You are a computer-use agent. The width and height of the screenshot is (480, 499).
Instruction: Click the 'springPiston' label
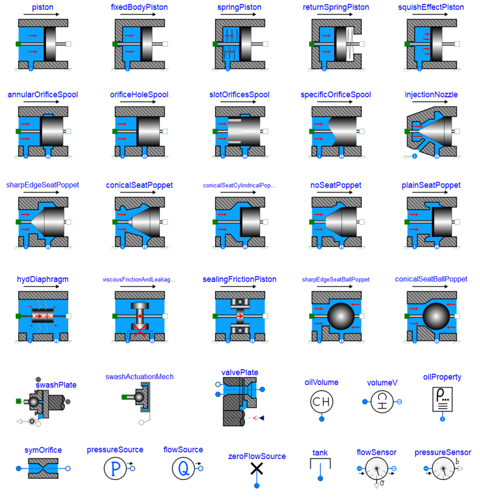[239, 7]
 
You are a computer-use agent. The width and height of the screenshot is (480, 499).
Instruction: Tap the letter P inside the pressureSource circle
[115, 469]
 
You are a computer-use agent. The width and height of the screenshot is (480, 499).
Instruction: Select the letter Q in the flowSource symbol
[184, 469]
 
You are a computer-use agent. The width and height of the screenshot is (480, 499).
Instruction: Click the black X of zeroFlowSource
[257, 469]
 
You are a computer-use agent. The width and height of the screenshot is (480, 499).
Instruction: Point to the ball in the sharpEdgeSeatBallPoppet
[341, 317]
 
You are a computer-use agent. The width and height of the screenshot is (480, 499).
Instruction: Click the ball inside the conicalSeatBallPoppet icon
[436, 317]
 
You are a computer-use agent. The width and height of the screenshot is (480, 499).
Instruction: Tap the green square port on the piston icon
[18, 44]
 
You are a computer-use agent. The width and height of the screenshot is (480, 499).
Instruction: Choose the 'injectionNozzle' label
[431, 94]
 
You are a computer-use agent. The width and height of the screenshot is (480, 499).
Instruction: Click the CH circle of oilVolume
[322, 401]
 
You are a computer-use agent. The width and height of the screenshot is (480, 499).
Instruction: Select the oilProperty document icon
[443, 400]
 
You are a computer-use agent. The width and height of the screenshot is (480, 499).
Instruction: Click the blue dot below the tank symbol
[321, 479]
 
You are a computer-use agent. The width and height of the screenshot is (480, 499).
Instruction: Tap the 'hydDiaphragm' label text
[42, 279]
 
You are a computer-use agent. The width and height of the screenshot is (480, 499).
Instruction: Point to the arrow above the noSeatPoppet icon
[335, 193]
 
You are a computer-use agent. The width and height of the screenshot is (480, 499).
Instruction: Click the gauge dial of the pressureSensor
[443, 469]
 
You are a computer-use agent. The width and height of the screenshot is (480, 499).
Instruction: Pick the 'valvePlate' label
[240, 372]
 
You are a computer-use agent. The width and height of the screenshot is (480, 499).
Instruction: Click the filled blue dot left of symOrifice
[19, 469]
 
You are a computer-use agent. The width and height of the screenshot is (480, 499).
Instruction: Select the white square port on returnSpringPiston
[362, 44]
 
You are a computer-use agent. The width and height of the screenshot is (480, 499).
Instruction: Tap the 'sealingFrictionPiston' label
[239, 279]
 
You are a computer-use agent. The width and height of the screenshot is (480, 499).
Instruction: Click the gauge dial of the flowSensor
[377, 469]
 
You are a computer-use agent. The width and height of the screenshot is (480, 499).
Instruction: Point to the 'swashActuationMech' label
[140, 377]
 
